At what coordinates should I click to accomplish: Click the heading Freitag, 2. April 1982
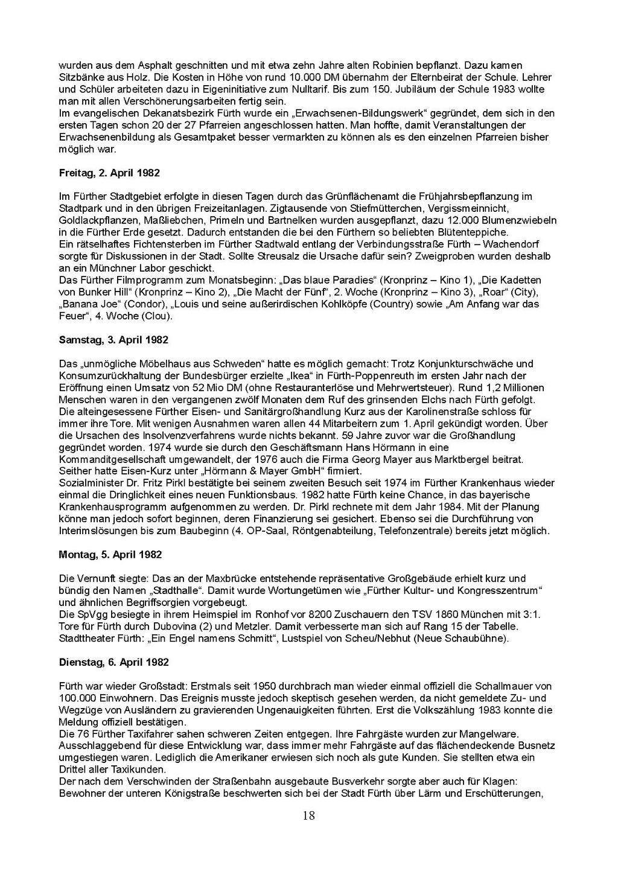coord(109,173)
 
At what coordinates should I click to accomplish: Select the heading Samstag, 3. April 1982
coord(113,340)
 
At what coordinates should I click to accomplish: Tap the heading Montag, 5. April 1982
coord(110,555)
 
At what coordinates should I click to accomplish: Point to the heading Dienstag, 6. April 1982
coord(113,662)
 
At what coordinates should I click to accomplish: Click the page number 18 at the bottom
coord(308,816)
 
